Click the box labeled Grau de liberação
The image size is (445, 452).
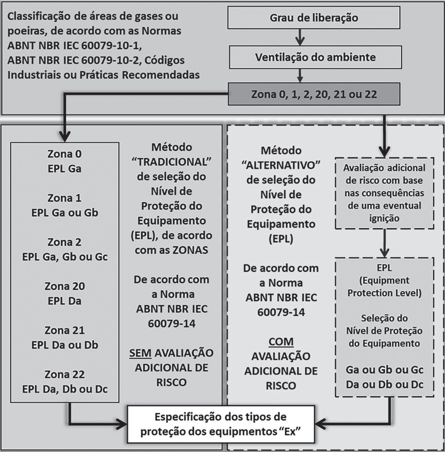(x=313, y=18)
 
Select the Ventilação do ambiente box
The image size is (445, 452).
(x=315, y=57)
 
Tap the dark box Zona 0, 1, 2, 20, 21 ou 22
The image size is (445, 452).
(x=314, y=94)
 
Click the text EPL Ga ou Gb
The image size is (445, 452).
(x=65, y=213)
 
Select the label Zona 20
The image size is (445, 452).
(x=65, y=286)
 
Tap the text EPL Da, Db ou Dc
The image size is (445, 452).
(x=65, y=389)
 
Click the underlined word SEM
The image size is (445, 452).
(x=140, y=353)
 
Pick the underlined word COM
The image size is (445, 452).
(x=281, y=342)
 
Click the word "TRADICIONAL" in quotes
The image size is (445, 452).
(x=171, y=162)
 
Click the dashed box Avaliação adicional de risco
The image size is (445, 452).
(x=384, y=193)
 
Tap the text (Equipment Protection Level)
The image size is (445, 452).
(x=384, y=287)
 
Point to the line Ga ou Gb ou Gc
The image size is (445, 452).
(x=384, y=370)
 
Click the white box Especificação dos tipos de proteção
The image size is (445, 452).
(x=221, y=424)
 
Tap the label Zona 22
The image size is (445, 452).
(x=65, y=374)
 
